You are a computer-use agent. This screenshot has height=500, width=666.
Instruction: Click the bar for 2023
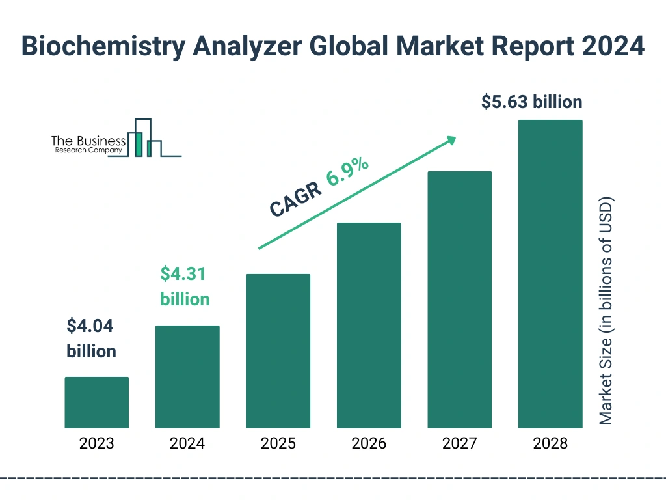(96, 402)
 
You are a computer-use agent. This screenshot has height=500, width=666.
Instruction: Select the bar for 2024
(187, 376)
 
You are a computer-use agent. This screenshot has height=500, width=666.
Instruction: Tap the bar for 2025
(278, 351)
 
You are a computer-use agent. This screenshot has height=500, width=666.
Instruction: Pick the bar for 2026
(369, 326)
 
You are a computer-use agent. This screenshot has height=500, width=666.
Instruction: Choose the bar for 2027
(459, 299)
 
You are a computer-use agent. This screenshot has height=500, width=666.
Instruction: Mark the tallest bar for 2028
(550, 274)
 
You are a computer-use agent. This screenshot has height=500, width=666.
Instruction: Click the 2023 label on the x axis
(96, 444)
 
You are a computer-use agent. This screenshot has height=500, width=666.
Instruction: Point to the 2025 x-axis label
(278, 444)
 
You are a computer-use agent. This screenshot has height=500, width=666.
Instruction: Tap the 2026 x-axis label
(369, 444)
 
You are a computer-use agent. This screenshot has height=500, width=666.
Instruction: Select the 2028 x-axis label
(550, 444)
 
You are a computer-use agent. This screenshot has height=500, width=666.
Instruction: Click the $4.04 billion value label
(91, 339)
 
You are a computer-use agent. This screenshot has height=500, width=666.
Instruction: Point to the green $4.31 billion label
(185, 286)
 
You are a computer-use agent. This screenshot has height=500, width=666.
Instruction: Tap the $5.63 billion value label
(531, 102)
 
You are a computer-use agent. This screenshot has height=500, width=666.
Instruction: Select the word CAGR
(295, 199)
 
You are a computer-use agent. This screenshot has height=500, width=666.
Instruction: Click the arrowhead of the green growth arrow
(450, 140)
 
